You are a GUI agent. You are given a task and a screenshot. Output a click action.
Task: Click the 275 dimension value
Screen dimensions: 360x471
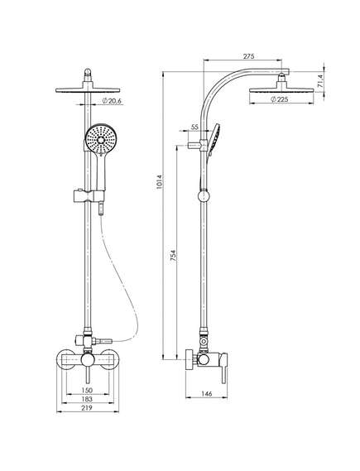pos(248,56)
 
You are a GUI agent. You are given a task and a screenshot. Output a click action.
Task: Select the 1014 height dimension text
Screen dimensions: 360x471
pos(159,182)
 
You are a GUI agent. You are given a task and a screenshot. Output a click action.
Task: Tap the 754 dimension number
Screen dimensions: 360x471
pos(173,257)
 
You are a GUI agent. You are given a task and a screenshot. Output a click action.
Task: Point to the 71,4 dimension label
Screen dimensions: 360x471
pos(320,81)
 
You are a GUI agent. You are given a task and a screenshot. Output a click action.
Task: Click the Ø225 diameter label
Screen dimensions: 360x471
pos(280,99)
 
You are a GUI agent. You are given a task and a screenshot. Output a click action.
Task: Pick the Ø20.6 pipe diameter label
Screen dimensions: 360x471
pos(112,101)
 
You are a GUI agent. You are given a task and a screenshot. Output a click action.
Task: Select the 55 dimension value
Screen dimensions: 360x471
pos(194,127)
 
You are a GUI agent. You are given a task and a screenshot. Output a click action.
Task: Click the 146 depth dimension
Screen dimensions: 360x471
pos(207,393)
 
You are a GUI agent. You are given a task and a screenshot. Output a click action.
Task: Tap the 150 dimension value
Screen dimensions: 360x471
pos(87,390)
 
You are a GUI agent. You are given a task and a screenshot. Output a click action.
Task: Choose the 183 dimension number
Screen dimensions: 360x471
pos(87,399)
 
